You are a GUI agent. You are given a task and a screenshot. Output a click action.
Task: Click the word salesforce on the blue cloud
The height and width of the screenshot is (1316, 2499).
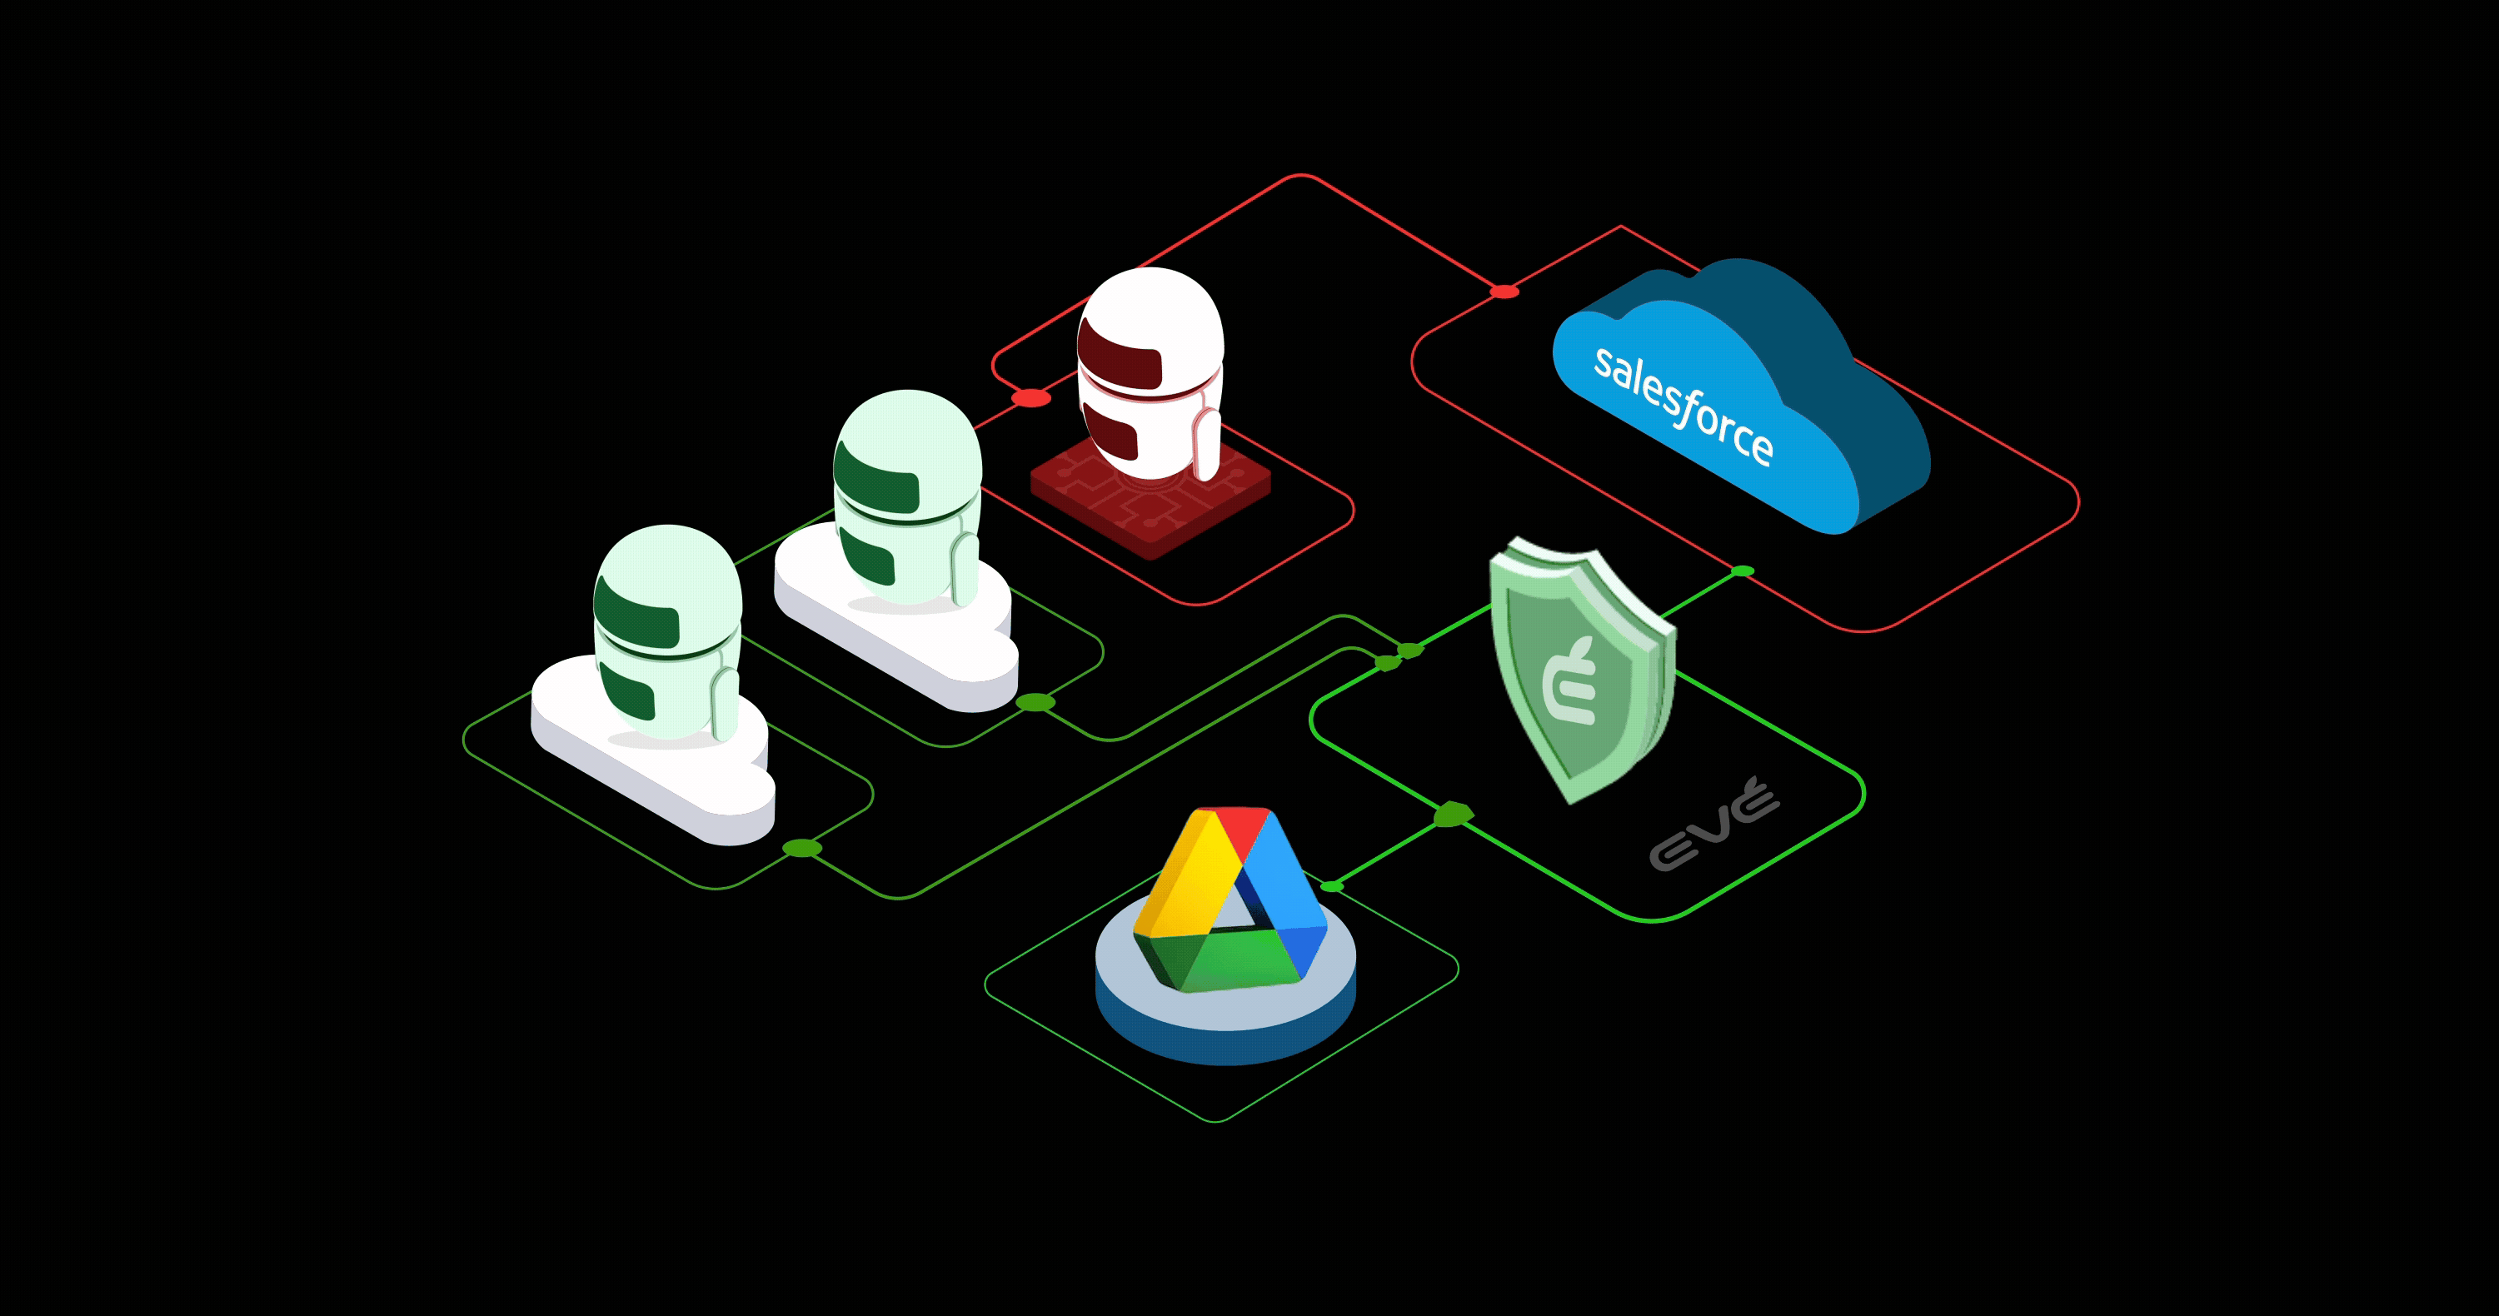click(1683, 405)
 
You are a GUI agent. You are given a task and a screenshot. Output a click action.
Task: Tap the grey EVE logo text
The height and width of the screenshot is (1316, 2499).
click(1713, 825)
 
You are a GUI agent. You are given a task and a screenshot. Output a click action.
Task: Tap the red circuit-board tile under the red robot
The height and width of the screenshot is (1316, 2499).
click(1150, 504)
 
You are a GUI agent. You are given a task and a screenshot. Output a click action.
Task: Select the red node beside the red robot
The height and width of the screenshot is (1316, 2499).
click(1030, 397)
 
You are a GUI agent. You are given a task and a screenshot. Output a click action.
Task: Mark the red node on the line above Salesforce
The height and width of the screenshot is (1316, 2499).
click(1504, 291)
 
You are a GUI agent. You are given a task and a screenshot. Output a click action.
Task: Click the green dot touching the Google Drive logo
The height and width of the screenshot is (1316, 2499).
click(1332, 886)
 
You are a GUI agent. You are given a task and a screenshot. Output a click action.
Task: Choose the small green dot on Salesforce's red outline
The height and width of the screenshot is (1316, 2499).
click(1743, 571)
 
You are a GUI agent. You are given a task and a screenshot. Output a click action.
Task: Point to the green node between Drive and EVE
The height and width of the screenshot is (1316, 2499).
click(1452, 815)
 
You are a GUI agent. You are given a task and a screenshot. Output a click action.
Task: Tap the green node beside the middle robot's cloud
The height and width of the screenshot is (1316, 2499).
click(1035, 702)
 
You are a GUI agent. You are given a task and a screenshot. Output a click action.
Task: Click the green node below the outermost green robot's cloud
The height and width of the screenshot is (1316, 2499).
click(802, 849)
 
